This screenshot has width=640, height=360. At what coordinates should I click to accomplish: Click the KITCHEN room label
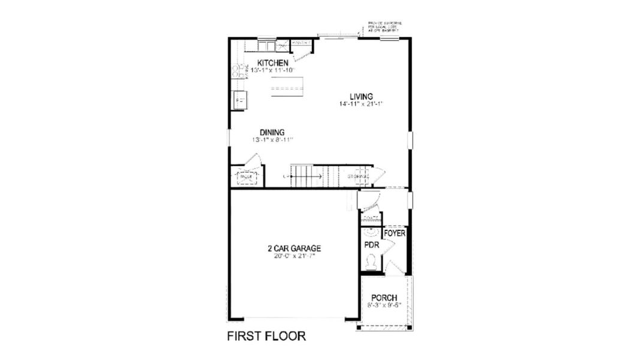(x=273, y=63)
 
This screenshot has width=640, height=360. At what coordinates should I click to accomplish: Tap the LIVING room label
(x=362, y=96)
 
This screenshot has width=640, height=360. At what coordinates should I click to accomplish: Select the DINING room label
(x=272, y=133)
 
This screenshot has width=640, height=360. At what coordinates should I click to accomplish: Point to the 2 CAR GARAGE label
(x=295, y=248)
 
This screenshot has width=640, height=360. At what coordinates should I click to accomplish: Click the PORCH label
(x=384, y=298)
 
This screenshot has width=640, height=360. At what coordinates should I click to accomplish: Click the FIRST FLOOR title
(x=266, y=336)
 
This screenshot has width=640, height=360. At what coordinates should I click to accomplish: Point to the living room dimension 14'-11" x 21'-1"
(x=360, y=104)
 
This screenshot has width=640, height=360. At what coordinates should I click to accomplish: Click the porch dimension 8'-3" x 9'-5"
(x=384, y=305)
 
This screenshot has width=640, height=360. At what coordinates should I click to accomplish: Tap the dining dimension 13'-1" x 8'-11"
(x=272, y=140)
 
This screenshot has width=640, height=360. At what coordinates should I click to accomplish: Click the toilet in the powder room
(x=371, y=262)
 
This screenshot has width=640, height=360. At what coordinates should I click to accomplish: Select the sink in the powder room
(x=370, y=232)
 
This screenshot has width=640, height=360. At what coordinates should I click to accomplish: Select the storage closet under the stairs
(x=357, y=176)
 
